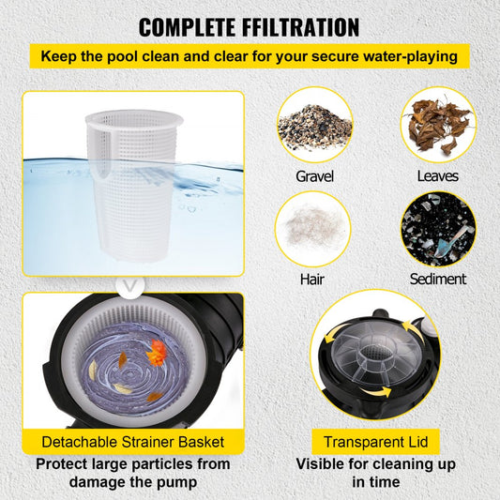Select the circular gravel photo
point(314,125)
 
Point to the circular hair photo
point(314,229)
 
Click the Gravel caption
point(314,175)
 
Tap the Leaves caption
point(438,175)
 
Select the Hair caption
point(314,279)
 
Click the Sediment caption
point(438,279)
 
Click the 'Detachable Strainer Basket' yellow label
point(132,441)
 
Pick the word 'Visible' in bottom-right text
point(324,463)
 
